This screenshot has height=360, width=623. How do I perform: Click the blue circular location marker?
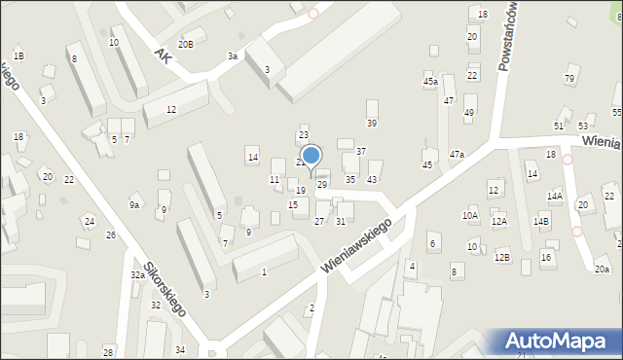pyautogui.click(x=311, y=155)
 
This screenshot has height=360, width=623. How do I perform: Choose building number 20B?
pyautogui.click(x=185, y=44)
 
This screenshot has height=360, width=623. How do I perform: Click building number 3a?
pyautogui.click(x=233, y=56)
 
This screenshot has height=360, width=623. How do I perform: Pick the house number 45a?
pyautogui.click(x=429, y=82)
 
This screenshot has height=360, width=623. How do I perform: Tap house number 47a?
pyautogui.click(x=457, y=154)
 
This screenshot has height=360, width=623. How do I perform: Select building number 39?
pyautogui.click(x=371, y=123)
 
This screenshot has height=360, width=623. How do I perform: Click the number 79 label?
pyautogui.click(x=569, y=78)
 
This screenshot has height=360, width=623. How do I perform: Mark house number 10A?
pyautogui.click(x=470, y=215)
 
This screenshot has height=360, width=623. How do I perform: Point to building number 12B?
pyautogui.click(x=501, y=257)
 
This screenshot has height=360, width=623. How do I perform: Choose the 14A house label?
pyautogui.click(x=554, y=196)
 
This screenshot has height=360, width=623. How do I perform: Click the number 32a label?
pyautogui.click(x=138, y=275)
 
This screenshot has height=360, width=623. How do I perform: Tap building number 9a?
pyautogui.click(x=135, y=204)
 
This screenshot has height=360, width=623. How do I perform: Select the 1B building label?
pyautogui.click(x=18, y=56)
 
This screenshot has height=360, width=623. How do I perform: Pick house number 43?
pyautogui.click(x=372, y=179)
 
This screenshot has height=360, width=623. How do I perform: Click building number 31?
pyautogui.click(x=341, y=221)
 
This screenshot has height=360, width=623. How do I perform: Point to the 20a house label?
pyautogui.click(x=602, y=269)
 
